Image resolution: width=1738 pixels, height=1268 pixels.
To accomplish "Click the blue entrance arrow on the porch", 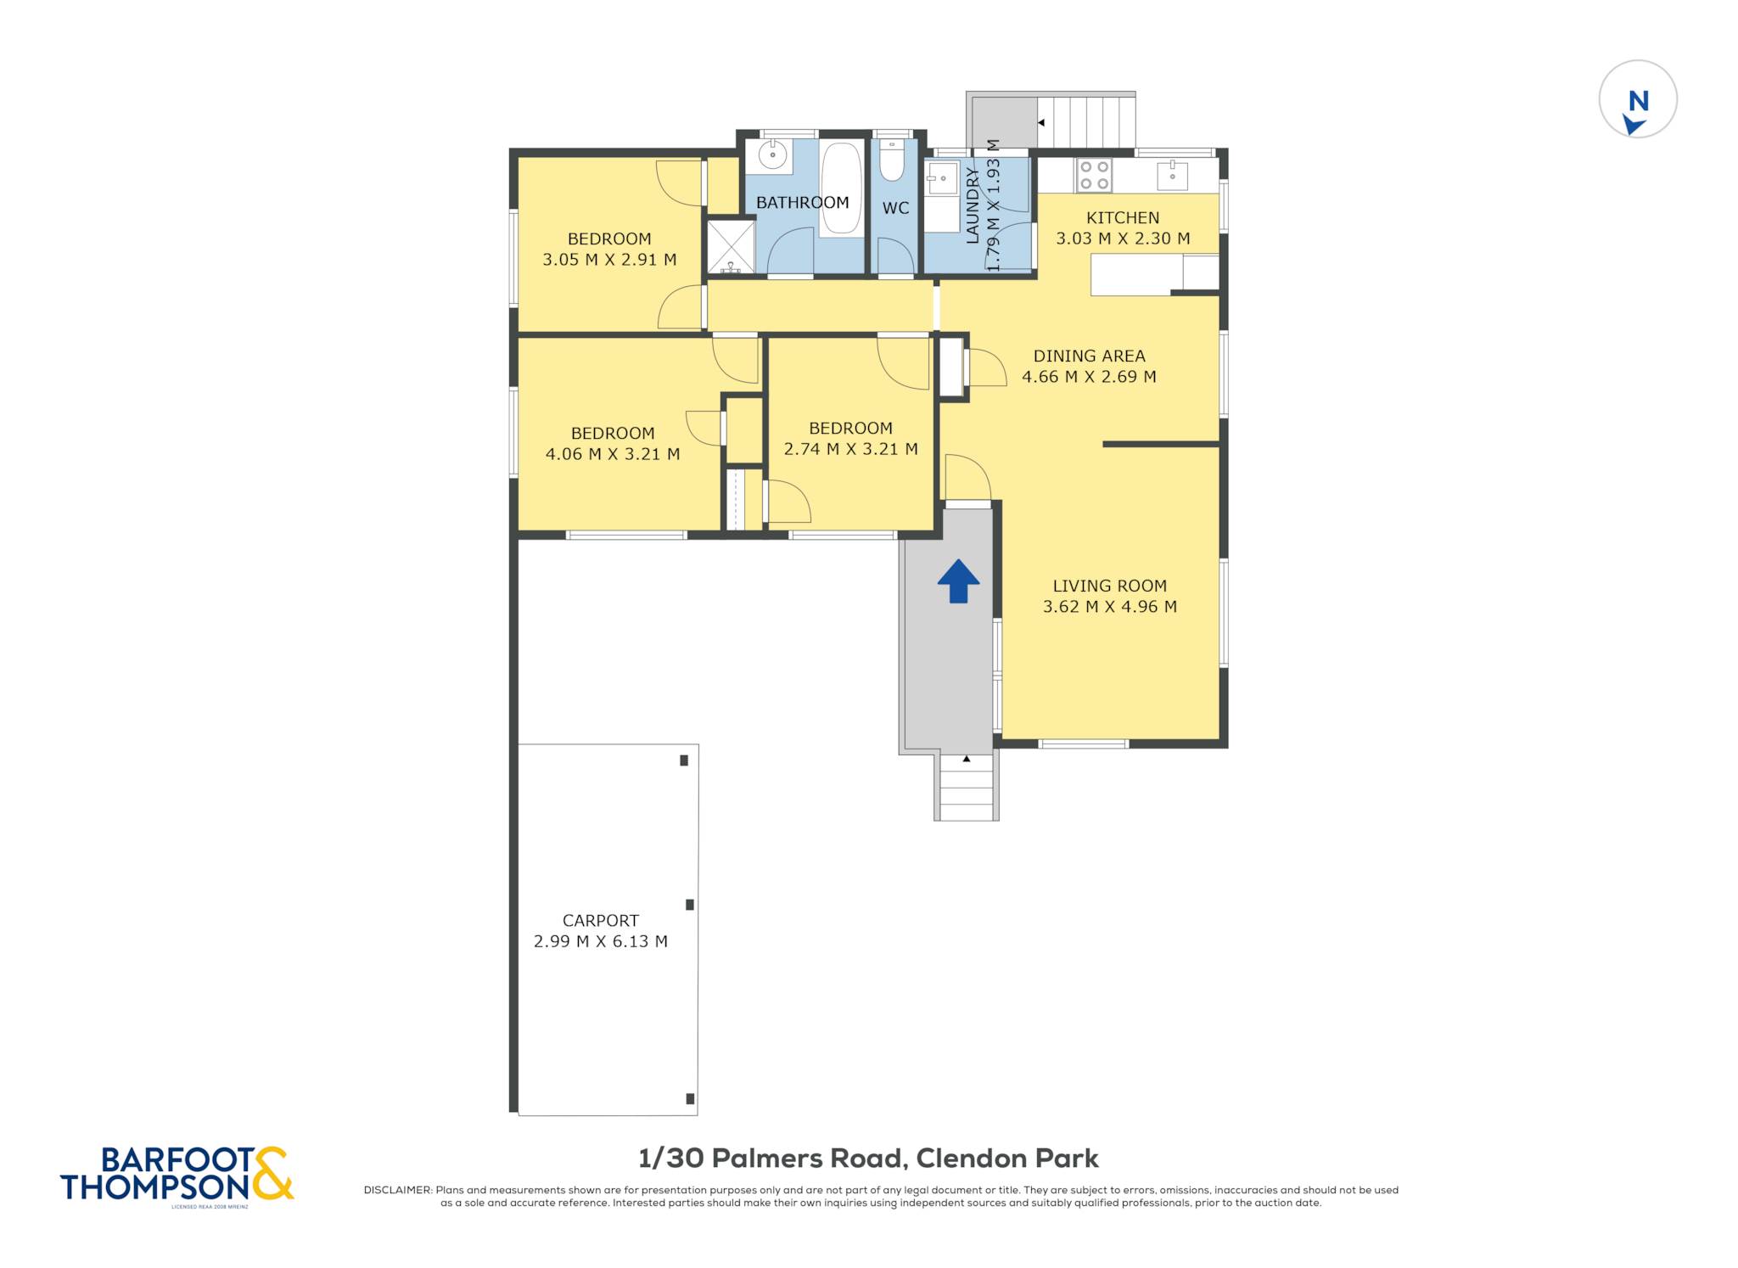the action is pos(958,581).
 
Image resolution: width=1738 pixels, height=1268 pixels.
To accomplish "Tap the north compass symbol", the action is pos(1638,99).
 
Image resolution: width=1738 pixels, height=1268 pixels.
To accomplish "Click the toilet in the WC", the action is pos(892,160).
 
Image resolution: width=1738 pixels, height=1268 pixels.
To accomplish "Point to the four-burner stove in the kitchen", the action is pos(1094,176).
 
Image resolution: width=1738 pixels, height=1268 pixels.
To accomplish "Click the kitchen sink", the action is pos(1172,176).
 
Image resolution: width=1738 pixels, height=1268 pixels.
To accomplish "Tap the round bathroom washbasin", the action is pos(772,155).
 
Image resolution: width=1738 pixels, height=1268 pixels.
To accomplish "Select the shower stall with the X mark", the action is pos(731,247).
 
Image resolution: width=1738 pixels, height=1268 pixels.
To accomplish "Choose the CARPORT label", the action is pos(601,921).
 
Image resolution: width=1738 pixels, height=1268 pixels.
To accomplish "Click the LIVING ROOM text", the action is pos(1109,586).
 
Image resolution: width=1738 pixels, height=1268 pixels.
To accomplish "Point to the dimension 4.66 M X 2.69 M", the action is pos(1089,377).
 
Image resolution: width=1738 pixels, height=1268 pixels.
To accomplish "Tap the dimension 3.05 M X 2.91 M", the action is pos(609,260).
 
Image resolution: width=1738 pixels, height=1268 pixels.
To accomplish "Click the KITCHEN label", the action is pos(1123,218).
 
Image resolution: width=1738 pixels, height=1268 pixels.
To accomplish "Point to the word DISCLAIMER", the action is pos(397,1190).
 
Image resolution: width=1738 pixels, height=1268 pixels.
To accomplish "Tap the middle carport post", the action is pos(690,905).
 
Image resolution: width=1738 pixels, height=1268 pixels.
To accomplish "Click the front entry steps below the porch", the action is pos(967,787).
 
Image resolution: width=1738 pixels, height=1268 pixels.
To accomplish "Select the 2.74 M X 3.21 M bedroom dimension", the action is pos(850,449).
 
